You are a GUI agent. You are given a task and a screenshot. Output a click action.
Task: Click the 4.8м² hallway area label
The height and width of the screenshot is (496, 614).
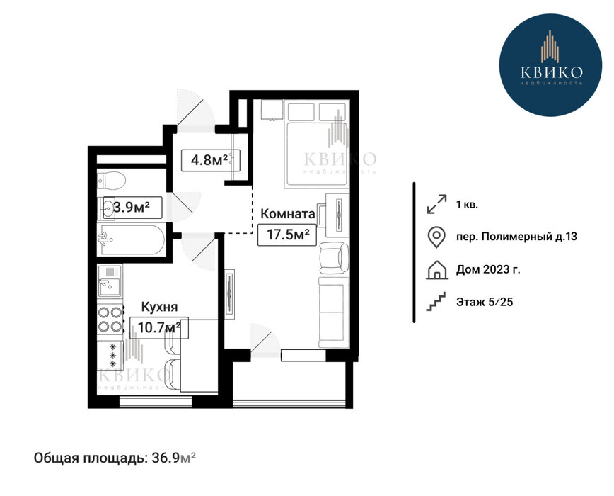point(210,160)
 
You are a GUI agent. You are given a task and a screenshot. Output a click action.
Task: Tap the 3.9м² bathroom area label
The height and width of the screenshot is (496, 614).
point(133,208)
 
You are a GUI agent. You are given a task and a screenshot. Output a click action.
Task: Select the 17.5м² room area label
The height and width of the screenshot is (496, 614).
point(287,235)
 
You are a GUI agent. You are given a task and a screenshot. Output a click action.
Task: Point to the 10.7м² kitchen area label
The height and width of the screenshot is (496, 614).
point(159,327)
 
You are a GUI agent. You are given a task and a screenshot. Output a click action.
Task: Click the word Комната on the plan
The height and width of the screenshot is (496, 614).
point(288,214)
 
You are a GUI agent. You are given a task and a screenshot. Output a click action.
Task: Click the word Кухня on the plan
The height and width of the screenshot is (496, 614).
point(159,307)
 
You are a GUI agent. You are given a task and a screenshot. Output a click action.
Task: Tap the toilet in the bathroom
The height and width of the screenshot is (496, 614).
point(111,181)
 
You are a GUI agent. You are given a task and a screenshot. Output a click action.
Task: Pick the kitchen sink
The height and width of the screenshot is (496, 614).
point(110,281)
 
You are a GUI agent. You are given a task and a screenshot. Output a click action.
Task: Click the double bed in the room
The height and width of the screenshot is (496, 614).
point(317,144)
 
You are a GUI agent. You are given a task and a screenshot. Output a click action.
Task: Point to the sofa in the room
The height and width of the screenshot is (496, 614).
point(334,312)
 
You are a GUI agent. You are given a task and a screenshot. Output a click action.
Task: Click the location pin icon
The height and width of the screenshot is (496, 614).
point(436,237)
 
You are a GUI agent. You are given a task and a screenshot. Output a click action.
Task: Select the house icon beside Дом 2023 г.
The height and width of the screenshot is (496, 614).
point(436,270)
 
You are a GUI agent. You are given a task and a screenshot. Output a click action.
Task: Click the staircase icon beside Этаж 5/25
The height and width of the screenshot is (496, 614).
point(436,302)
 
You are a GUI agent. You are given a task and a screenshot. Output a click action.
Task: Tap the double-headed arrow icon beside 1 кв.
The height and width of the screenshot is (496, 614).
point(436,204)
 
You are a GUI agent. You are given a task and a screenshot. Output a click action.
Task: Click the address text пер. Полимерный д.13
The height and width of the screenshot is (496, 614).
point(516,237)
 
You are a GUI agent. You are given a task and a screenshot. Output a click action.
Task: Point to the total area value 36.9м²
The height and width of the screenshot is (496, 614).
point(173,458)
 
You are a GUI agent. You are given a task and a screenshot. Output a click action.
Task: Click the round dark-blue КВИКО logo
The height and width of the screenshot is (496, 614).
point(551,64)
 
